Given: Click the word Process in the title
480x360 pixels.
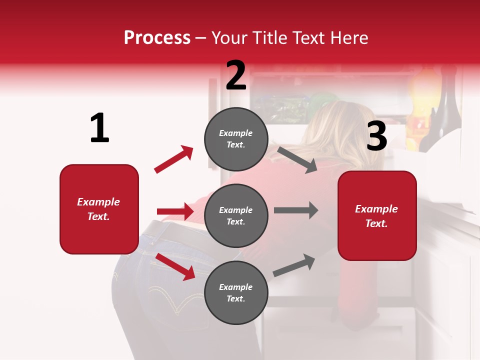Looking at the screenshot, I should point(157,38).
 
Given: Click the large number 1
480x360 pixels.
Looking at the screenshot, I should point(99,128).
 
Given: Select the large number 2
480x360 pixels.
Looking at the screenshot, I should point(236,75).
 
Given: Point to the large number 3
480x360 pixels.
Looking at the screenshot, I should point(376,136).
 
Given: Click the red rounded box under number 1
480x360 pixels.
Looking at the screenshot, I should point(99,209).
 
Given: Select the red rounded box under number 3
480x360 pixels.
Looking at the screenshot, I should point(377,215).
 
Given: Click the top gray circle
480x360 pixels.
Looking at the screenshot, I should point(236,139).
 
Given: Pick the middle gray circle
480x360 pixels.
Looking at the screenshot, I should point(236,215).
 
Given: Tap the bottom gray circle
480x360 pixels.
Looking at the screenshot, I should point(236,292).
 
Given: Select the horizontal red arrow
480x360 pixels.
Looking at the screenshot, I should point(175,211).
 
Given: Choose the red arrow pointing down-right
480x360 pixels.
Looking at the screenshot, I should point(175,266).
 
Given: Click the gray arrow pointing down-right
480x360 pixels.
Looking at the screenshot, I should point(297,159).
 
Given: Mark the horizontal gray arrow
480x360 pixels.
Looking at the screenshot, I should point(295,210).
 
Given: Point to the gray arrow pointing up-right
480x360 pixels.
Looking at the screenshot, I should point(294,265).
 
